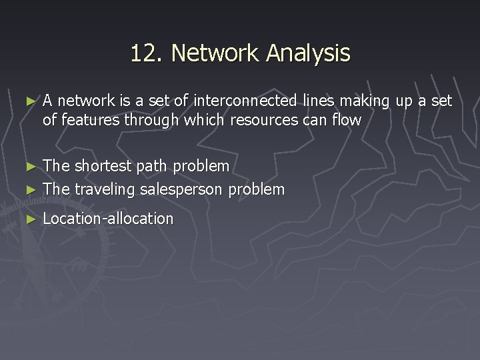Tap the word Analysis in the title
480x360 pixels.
click(x=307, y=53)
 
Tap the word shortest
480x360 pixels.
click(x=102, y=165)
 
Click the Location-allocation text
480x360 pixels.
click(x=108, y=218)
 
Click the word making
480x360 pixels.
click(x=365, y=101)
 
